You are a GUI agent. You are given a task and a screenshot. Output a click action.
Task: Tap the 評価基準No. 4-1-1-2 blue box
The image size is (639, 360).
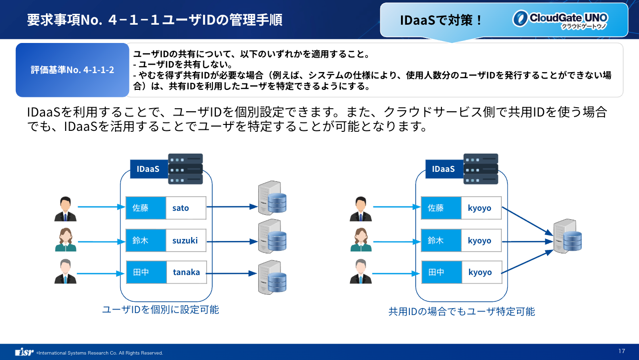pyautogui.click(x=73, y=70)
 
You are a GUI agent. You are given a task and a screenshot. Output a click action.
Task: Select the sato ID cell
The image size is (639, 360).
pyautogui.click(x=186, y=208)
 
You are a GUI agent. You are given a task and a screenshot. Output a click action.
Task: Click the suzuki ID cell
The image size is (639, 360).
pyautogui.click(x=186, y=240)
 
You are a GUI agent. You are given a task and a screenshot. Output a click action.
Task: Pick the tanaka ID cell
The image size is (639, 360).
pyautogui.click(x=186, y=272)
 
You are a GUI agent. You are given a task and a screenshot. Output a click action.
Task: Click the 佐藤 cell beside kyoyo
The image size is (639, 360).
pyautogui.click(x=441, y=208)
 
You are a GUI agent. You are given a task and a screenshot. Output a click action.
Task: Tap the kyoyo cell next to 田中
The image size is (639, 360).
pyautogui.click(x=481, y=272)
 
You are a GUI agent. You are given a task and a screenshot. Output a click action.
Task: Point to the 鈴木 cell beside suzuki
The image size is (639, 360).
pyautogui.click(x=146, y=240)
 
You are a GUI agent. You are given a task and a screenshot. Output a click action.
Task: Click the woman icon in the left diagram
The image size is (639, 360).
pyautogui.click(x=66, y=240)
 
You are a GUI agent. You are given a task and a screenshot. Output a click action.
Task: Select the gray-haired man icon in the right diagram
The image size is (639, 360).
pyautogui.click(x=361, y=271)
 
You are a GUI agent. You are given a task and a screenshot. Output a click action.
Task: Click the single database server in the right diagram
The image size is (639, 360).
pyautogui.click(x=568, y=236)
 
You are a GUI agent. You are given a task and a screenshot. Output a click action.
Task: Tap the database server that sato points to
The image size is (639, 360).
pyautogui.click(x=272, y=198)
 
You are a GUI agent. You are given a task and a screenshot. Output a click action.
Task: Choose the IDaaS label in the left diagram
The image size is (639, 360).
pyautogui.click(x=149, y=169)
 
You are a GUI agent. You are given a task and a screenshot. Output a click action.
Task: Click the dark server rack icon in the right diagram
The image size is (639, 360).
pyautogui.click(x=480, y=169)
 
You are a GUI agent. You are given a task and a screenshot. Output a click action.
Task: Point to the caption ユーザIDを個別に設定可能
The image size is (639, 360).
pyautogui.click(x=160, y=310)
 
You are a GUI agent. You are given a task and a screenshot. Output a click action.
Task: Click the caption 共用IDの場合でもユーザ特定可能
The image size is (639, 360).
pyautogui.click(x=462, y=312)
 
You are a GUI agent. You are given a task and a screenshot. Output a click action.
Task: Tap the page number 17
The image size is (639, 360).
pyautogui.click(x=622, y=351)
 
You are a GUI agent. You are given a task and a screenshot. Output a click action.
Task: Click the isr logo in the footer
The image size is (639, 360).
pyautogui.click(x=24, y=352)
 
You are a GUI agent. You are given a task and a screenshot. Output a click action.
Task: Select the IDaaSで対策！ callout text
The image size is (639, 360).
pyautogui.click(x=441, y=20)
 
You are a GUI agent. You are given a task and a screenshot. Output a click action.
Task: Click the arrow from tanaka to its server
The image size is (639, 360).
pyautogui.click(x=232, y=273)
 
